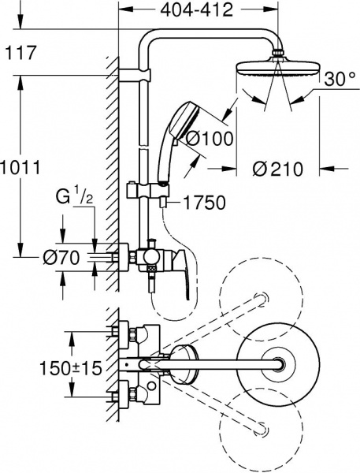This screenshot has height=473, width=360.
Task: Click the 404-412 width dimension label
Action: pyautogui.click(x=198, y=11)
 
